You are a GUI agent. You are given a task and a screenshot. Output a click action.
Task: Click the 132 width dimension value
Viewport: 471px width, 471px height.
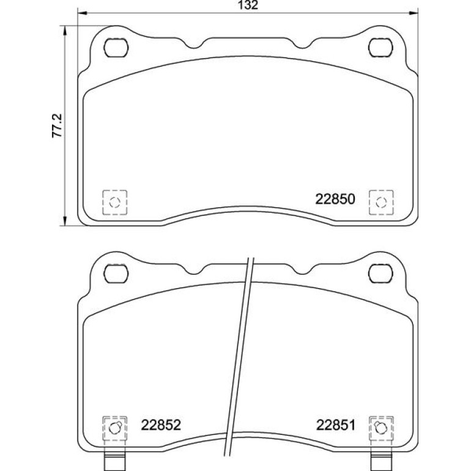point(248,5)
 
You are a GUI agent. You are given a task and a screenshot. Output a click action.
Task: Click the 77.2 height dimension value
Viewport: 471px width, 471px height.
point(57,125)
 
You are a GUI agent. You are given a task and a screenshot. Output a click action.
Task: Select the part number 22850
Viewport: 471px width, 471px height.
point(335,199)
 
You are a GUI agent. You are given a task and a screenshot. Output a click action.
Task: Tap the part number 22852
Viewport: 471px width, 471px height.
point(161,425)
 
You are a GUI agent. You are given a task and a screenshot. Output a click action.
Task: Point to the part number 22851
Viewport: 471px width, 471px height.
point(336,425)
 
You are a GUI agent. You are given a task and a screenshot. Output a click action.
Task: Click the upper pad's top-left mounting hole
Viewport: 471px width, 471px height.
point(116,48)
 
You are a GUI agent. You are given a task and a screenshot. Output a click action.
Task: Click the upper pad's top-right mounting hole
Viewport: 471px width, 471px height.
point(380,48)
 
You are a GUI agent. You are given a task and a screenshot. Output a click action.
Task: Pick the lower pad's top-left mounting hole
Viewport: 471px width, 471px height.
point(116,273)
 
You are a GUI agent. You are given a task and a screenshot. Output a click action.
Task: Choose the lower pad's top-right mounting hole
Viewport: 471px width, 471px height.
point(380,273)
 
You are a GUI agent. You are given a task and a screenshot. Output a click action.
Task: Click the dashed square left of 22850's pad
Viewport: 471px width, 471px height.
point(115,202)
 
